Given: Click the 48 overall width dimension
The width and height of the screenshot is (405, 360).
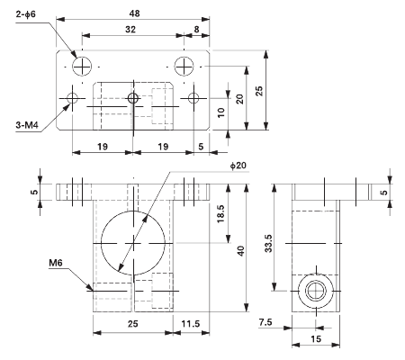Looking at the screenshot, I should [133, 13].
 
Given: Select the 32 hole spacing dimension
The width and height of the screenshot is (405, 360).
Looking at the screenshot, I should [131, 29].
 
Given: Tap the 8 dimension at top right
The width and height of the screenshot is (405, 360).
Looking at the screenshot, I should [196, 29].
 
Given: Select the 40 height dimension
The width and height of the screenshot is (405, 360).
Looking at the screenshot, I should [240, 250].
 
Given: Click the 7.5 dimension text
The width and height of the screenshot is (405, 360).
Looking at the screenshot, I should [265, 321].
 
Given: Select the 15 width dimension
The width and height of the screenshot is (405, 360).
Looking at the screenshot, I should [315, 339].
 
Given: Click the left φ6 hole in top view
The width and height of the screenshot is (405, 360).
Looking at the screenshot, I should [82, 65].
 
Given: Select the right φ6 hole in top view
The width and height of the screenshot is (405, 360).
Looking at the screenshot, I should [184, 65].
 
